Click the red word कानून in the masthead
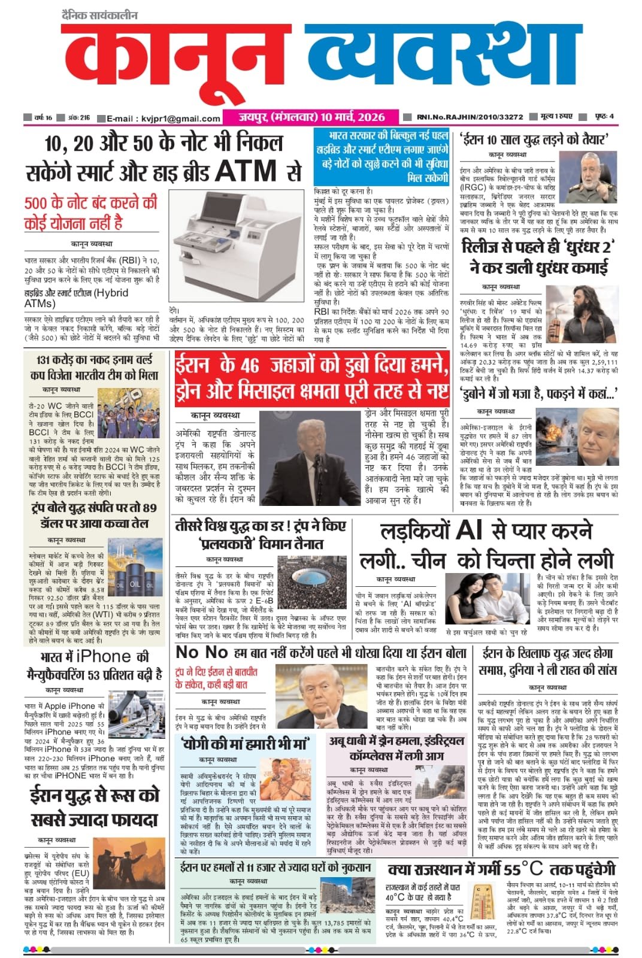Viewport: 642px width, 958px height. [180, 63]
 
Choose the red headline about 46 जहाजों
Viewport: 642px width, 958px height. [311, 377]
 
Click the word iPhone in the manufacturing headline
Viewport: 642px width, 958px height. [103, 656]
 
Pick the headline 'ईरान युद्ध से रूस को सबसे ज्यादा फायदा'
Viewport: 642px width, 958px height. [95, 807]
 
